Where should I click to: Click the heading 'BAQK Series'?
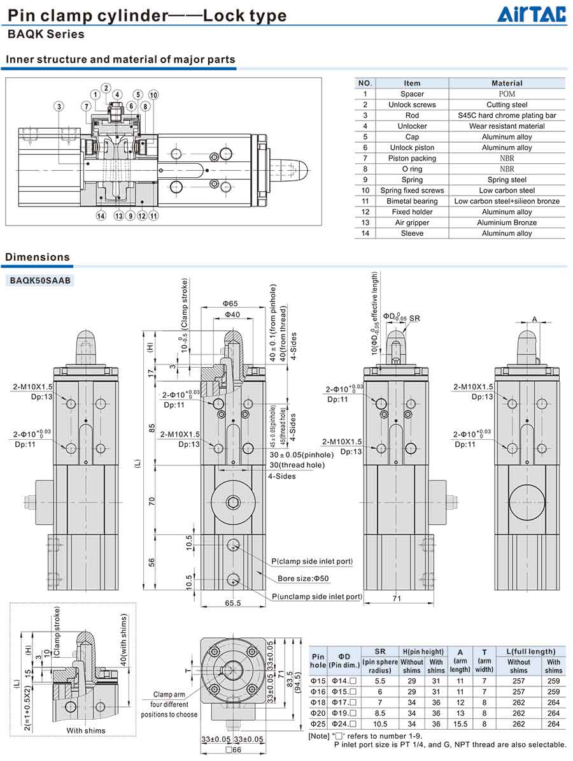point(46,34)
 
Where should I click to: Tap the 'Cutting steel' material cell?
point(507,105)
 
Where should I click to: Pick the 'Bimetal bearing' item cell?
point(412,201)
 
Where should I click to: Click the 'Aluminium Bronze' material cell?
point(507,223)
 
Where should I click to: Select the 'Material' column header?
point(507,83)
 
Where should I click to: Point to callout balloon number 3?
point(59,106)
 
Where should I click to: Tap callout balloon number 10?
point(153,95)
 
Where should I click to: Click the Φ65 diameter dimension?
point(230,304)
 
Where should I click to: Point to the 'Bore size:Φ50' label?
point(303,579)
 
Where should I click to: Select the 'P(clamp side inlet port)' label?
point(312,562)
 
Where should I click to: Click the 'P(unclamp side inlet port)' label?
point(316,597)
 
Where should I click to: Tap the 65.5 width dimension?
point(232,602)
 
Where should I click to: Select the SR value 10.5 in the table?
point(380,724)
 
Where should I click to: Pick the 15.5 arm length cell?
point(460,724)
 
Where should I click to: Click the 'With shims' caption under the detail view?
point(86,730)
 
